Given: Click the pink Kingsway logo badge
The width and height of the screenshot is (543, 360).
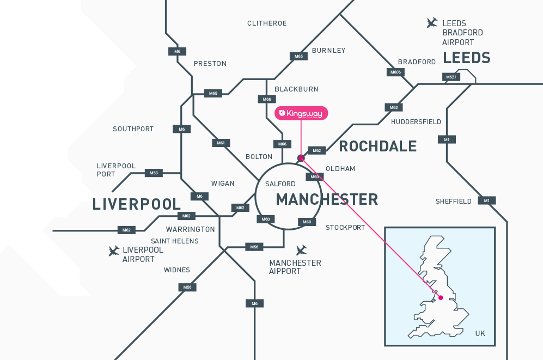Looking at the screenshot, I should click(x=301, y=113).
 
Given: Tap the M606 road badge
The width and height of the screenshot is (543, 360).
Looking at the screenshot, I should click(x=395, y=72).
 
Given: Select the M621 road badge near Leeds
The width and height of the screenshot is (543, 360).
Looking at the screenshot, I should click(x=451, y=77).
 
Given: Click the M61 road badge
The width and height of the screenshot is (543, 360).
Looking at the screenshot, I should click(x=221, y=143).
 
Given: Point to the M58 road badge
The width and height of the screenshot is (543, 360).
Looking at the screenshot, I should click(x=154, y=173).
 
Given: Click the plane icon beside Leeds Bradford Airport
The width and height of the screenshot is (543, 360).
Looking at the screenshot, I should click(x=432, y=23).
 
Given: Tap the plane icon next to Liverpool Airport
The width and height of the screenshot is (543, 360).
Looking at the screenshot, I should click(x=114, y=251).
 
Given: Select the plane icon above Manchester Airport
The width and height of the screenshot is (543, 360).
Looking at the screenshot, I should click(x=301, y=250).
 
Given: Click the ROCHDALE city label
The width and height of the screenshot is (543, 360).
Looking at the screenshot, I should click(x=377, y=147).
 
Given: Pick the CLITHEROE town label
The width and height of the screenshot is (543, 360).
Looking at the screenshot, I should click(x=267, y=23).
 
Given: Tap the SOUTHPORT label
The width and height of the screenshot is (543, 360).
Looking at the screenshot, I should click(x=133, y=129).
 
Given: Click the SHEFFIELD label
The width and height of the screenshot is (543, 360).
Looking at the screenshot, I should click(x=454, y=202).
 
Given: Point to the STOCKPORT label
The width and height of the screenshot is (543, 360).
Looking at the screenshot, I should click(x=345, y=228).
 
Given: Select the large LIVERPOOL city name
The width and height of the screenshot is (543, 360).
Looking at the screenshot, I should click(x=137, y=205).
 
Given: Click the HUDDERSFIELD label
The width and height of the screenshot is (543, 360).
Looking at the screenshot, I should click(x=416, y=122).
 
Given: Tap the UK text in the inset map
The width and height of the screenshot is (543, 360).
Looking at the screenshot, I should click(x=480, y=333).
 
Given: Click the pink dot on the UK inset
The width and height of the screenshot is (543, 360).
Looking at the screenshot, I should click(x=441, y=297).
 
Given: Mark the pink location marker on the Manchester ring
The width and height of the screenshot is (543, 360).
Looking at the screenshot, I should click(x=301, y=158).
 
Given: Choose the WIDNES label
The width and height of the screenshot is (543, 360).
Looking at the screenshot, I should click(x=177, y=270).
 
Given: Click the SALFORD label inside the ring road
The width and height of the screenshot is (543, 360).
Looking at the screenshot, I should click(x=280, y=184).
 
